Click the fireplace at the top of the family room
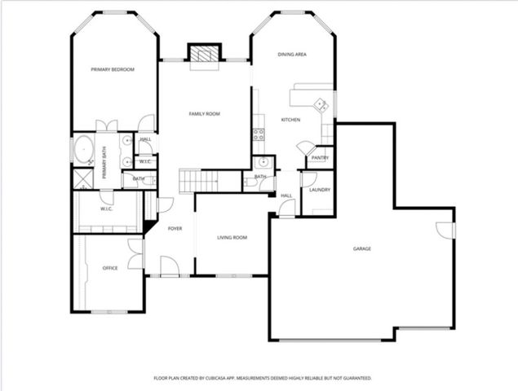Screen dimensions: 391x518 tap(205, 54)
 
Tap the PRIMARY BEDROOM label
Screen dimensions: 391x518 tap(113, 70)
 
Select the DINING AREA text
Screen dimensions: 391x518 tap(291, 55)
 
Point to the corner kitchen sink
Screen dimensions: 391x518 tap(321, 104)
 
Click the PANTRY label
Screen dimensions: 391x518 tap(320, 158)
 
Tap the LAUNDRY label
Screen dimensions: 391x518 tap(319, 190)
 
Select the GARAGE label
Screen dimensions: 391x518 tap(362, 248)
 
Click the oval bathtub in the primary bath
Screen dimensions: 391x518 tap(83, 151)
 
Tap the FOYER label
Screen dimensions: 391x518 tap(175, 229)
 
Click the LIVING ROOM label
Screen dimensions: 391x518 tap(232, 238)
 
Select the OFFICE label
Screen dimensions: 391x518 tap(109, 268)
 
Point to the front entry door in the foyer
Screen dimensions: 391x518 tap(170, 266)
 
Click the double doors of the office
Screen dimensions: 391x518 tap(135, 253)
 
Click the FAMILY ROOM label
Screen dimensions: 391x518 tap(205, 114)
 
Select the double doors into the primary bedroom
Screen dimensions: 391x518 tap(106, 126)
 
